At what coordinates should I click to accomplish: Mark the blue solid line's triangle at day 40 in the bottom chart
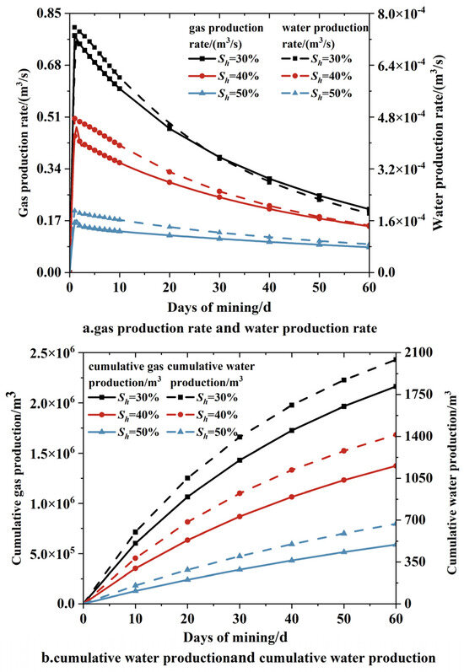point(290,560)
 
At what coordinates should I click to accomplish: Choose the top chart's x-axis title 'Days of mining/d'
point(219,303)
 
